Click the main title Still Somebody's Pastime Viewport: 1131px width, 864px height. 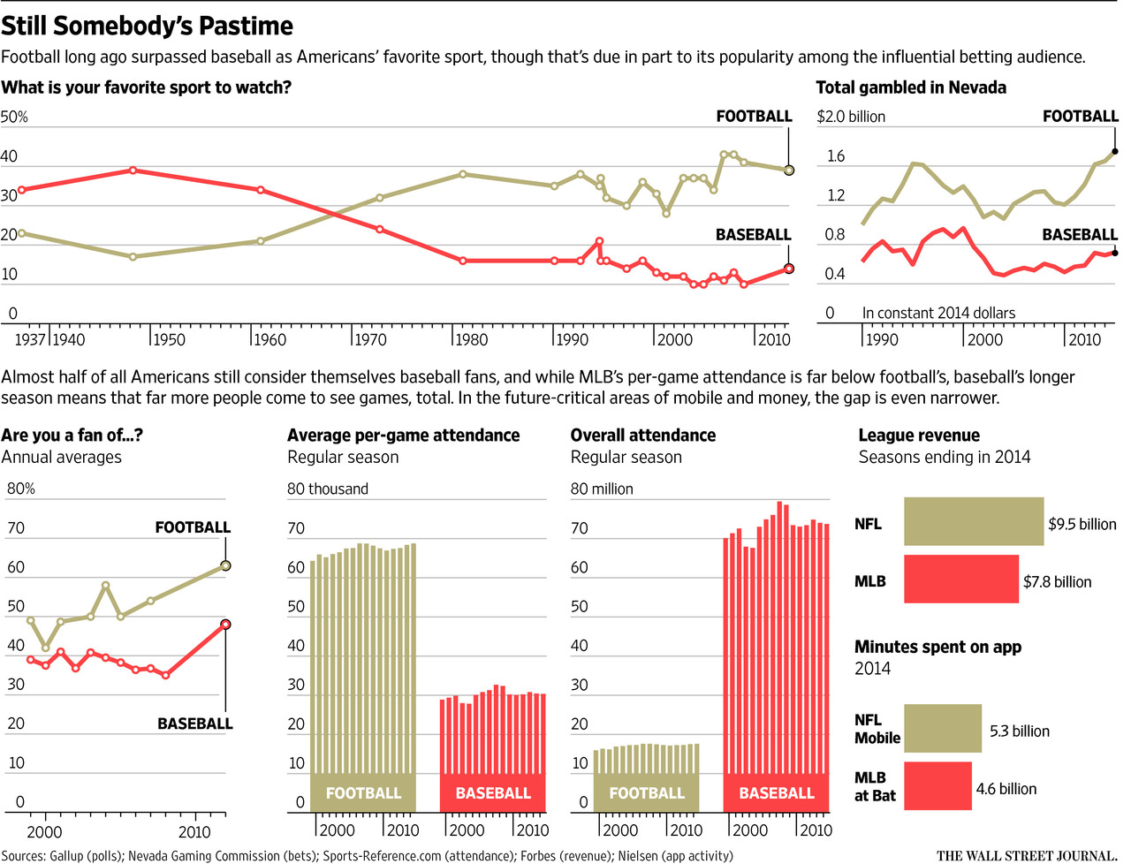tap(148, 27)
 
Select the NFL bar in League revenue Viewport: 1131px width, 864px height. tap(973, 522)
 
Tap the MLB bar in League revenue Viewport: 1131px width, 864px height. tap(960, 580)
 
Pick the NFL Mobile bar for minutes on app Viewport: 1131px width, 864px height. tap(942, 729)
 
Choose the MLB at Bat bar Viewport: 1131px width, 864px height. tap(937, 786)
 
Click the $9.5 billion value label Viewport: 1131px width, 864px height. tap(1082, 525)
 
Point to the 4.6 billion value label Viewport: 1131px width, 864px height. tap(1006, 789)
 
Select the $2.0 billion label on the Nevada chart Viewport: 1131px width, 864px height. tap(850, 117)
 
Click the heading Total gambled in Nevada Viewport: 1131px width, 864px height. tap(910, 87)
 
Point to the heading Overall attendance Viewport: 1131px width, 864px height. tap(642, 436)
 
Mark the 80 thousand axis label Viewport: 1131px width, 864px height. tap(327, 489)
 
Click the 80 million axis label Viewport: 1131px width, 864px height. tap(602, 489)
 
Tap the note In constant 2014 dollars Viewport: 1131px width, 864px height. tap(938, 314)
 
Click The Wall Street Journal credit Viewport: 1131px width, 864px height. tap(1026, 855)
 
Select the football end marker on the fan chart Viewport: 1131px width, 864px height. tap(225, 565)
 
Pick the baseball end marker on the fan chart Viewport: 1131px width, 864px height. tap(225, 624)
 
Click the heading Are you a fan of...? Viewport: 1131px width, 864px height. tap(72, 436)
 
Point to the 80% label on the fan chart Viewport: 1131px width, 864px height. tap(21, 489)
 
